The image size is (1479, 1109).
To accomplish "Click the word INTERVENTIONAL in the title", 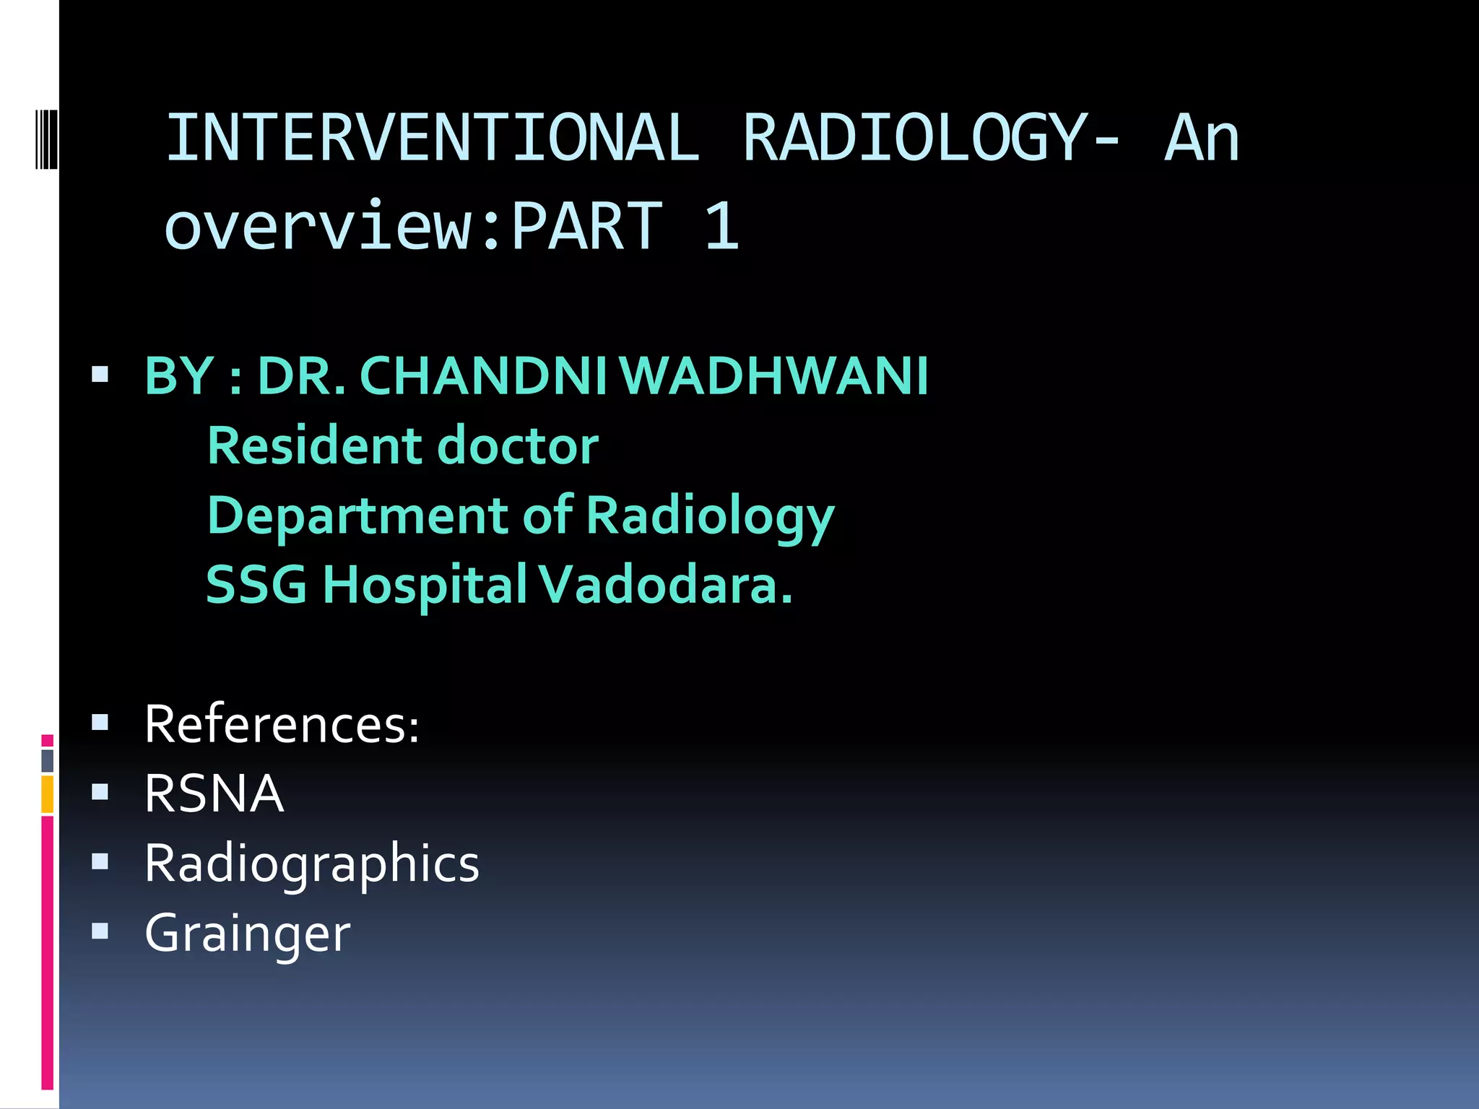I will (x=433, y=138).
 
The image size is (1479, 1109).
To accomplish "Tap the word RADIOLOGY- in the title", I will (x=931, y=138).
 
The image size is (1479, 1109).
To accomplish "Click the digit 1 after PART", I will (x=721, y=227).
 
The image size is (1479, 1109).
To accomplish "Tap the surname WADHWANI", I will (x=773, y=376).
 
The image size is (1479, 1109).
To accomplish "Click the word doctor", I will (x=518, y=445).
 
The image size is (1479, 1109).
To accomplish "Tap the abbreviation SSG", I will (x=256, y=584).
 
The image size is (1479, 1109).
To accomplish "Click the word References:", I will (x=282, y=724).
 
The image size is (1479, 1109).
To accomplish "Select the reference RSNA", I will (x=214, y=793).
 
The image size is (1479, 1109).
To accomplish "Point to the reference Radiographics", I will (x=311, y=864).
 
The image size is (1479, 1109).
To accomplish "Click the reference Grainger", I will (x=247, y=934).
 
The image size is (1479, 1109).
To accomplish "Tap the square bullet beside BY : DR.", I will (x=100, y=375).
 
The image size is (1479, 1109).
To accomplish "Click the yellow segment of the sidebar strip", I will (x=48, y=794).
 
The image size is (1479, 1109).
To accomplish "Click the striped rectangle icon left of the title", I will (x=46, y=138).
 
